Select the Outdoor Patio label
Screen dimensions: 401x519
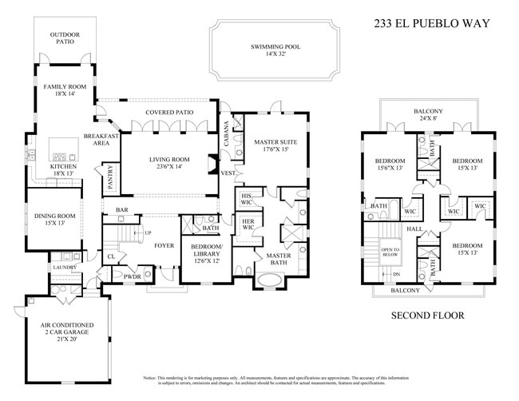(64, 40)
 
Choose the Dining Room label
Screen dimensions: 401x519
(54, 219)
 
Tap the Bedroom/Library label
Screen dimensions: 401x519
(207, 257)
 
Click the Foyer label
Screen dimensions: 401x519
(164, 246)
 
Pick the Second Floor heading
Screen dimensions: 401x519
(426, 316)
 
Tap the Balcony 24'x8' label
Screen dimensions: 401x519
(429, 115)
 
